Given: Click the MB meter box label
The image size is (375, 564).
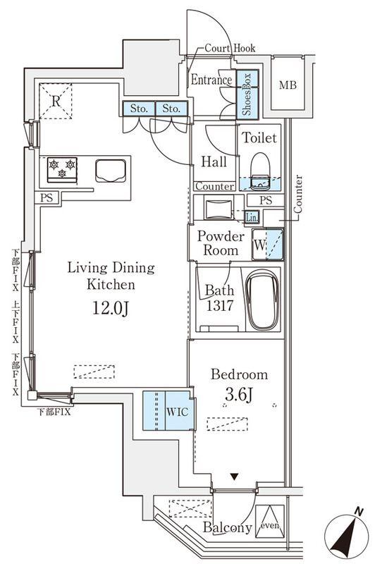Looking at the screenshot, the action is pos(288,85).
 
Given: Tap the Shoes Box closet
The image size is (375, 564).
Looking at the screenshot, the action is pos(247,94).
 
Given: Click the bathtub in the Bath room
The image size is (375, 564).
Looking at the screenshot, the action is pos(262,300).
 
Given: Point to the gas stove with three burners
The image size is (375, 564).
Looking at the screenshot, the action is pos(62,169).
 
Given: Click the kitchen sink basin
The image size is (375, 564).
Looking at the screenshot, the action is pos(111,171).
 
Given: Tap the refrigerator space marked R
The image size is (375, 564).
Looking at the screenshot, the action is pos(56,101).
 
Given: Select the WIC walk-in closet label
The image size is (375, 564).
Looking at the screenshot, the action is pos(177,412).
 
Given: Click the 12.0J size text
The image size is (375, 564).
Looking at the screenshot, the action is pos(111,308).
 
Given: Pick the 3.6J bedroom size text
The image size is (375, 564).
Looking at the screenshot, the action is pos(239,395).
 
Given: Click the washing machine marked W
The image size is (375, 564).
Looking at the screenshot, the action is pos(267,244).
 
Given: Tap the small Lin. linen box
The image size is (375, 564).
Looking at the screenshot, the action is pos(252,217).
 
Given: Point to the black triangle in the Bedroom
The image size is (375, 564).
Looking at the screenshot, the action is pos(235,477).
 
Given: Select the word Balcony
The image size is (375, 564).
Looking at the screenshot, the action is pos(227,527).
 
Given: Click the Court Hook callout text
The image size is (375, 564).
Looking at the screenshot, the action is pos(230,48).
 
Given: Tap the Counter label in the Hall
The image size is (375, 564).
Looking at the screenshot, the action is pos(215,186).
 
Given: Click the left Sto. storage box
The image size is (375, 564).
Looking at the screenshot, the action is pos(139,109).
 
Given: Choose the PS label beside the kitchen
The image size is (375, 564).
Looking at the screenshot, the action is pos(47,197).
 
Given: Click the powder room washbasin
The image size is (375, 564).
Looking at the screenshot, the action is pos(219,208).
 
